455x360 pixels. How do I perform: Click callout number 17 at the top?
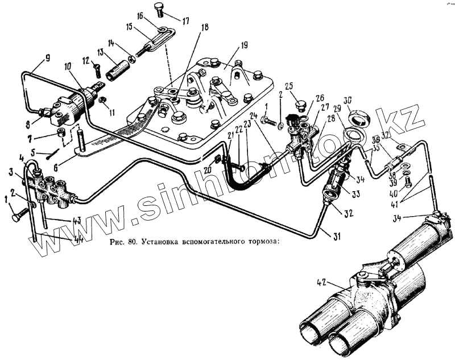click(x=185, y=21)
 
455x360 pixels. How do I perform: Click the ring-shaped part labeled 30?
click(x=358, y=119)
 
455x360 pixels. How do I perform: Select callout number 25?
click(x=289, y=86)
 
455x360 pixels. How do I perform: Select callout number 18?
click(x=205, y=27)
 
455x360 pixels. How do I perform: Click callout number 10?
click(x=68, y=66)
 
